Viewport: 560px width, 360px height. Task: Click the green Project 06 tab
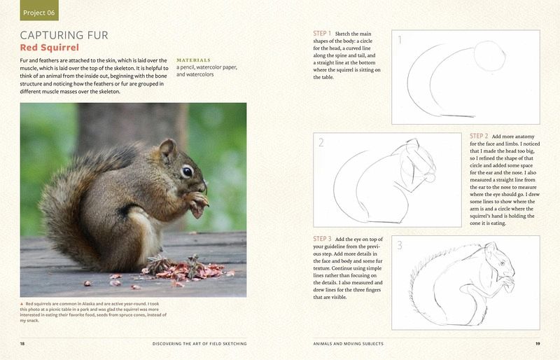point(39,11)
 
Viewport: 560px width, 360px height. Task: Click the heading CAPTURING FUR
point(64,35)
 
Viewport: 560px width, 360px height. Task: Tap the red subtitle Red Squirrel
point(49,48)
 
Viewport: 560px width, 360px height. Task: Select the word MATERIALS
point(194,60)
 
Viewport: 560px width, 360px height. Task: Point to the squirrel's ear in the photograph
point(167,150)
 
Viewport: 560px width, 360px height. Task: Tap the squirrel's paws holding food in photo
point(197,203)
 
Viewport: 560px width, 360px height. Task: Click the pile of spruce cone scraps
point(185,270)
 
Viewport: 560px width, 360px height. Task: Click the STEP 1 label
point(322,33)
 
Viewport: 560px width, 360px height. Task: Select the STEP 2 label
point(479,136)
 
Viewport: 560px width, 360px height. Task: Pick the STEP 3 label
point(322,238)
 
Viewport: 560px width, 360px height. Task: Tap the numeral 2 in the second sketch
point(321,143)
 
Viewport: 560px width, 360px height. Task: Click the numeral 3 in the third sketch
point(400,245)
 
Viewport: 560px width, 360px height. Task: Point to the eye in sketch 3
point(503,263)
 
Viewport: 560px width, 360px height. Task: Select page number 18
point(22,344)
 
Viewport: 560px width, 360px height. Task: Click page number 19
point(538,344)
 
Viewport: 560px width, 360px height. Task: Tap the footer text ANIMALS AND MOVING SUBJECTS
point(348,344)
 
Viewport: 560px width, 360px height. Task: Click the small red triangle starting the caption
point(22,304)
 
